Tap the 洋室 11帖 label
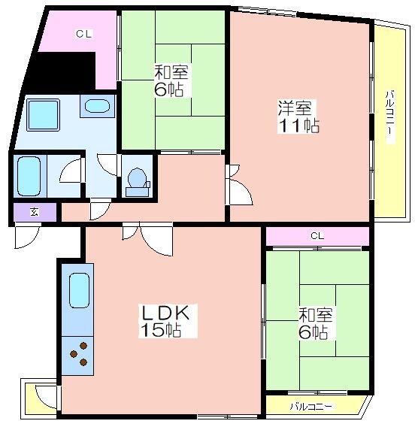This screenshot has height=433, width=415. coord(298,117)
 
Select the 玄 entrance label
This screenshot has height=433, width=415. coord(35,212)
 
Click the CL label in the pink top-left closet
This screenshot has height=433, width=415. coord(83,34)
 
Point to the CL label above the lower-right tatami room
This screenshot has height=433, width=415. coord(317,235)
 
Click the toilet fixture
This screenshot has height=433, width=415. coord(138,182)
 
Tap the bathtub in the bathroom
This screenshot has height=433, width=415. coord(29,177)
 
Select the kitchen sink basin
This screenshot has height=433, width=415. coord(79,290)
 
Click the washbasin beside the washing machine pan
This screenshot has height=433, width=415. coord(97,106)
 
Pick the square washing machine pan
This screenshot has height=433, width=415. coord(44,114)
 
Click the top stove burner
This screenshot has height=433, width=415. coord(83,346)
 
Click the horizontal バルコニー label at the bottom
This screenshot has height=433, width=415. coord(311,407)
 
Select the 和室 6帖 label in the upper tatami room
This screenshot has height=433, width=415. coord(170,80)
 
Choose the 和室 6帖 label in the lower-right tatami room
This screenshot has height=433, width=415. coord(315,323)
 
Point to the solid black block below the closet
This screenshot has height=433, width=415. coord(59,72)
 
